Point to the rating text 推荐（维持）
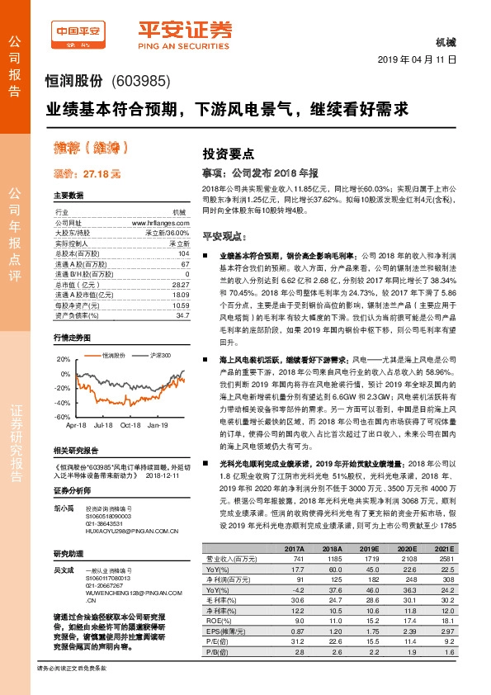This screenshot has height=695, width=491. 90,149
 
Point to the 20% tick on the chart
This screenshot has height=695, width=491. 64,361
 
